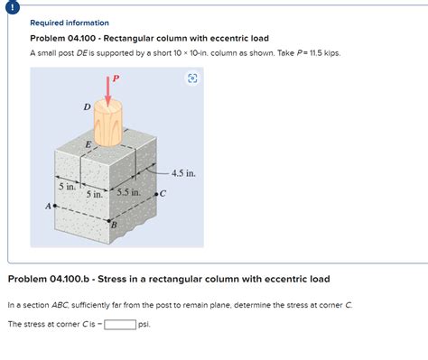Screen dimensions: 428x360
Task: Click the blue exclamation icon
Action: [12, 7]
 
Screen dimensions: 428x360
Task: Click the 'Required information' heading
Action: [70, 23]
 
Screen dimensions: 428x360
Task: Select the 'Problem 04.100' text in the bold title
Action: [63, 39]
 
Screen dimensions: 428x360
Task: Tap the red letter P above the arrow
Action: [116, 78]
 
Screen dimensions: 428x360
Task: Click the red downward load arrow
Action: [107, 91]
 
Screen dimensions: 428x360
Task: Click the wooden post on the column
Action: [108, 123]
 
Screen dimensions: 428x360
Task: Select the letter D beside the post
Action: [87, 106]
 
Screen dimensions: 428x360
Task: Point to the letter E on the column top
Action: [88, 144]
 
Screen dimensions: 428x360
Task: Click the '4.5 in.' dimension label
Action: [183, 173]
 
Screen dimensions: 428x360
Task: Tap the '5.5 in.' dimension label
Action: [128, 192]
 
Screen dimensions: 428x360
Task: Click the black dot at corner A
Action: [55, 206]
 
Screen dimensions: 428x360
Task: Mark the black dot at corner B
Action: [109, 221]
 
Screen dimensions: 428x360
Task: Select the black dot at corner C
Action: [156, 194]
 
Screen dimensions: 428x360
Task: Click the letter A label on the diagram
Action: [48, 207]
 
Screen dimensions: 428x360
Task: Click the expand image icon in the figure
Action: [192, 78]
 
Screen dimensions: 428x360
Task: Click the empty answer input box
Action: [120, 325]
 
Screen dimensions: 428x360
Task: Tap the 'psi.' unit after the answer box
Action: [144, 325]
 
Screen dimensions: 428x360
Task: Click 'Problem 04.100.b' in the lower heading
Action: [49, 279]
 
